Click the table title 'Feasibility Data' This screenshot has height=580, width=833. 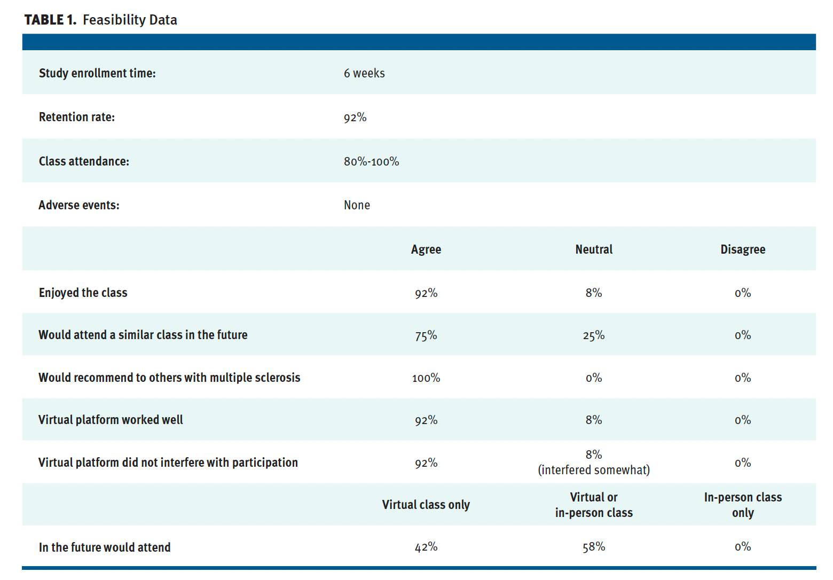[x=130, y=20]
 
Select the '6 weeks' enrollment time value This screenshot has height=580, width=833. [x=364, y=73]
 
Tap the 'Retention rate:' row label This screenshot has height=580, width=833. [x=76, y=117]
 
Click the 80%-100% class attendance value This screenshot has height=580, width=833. [x=371, y=161]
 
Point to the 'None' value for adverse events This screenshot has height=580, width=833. [x=357, y=205]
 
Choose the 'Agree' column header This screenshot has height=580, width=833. [x=426, y=249]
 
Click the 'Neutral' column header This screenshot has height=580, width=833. [x=594, y=249]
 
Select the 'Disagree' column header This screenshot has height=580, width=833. [x=743, y=249]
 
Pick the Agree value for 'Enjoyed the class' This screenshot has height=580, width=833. [x=426, y=293]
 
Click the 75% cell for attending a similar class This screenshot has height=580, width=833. [x=426, y=335]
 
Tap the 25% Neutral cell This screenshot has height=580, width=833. [x=594, y=335]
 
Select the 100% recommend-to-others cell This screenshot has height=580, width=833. [x=426, y=378]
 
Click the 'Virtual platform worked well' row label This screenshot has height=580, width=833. [x=111, y=420]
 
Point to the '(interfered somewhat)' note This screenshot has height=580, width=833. [x=594, y=470]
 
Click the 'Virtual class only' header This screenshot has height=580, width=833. [x=426, y=505]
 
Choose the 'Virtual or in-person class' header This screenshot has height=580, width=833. [x=594, y=505]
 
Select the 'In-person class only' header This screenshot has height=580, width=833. [x=743, y=505]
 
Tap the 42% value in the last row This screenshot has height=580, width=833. [x=426, y=547]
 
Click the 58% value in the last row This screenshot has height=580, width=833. [x=594, y=547]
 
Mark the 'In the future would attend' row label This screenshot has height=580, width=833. [x=105, y=547]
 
